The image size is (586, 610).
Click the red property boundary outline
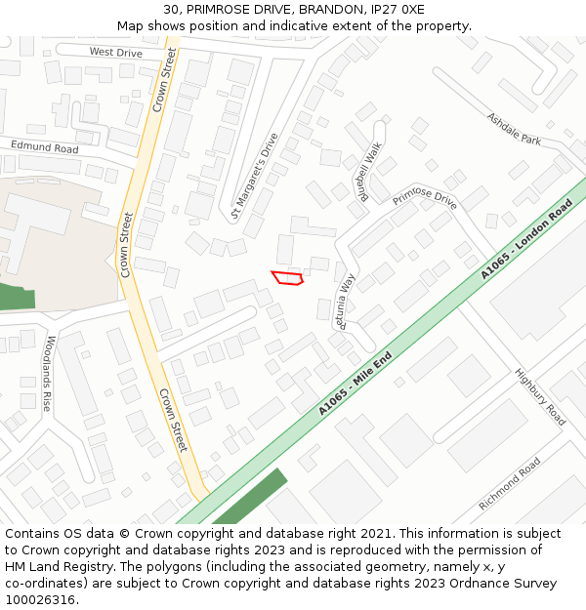(x=287, y=278)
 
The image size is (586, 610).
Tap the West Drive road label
(x=115, y=52)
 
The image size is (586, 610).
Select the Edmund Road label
(x=44, y=147)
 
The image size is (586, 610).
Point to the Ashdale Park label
(x=513, y=128)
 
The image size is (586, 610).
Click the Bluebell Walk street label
(x=371, y=172)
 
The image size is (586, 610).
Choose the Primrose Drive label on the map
(x=425, y=198)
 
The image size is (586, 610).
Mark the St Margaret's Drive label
(x=255, y=176)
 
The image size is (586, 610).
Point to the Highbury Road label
(x=540, y=396)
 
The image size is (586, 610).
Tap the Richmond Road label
(x=509, y=484)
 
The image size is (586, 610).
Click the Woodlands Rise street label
(x=49, y=373)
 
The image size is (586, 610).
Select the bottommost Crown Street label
(x=172, y=419)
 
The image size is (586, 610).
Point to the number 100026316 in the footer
(x=40, y=599)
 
